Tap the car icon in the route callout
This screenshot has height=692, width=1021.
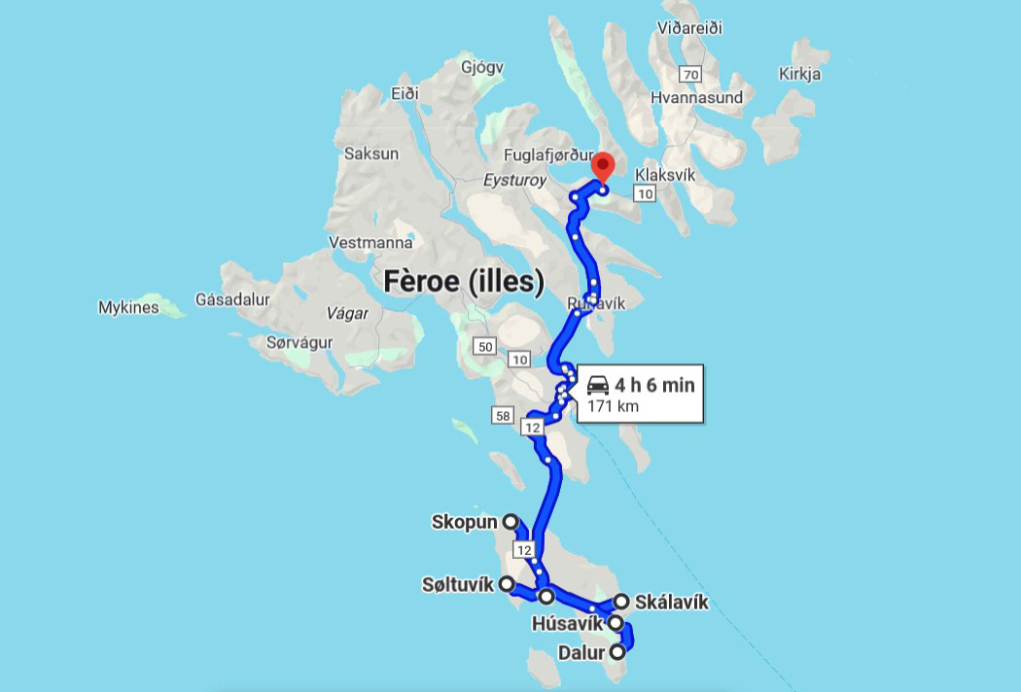[x=598, y=385]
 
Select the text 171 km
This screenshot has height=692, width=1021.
[x=613, y=405]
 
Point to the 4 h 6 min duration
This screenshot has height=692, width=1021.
[x=654, y=385]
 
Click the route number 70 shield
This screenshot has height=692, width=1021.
[x=690, y=75]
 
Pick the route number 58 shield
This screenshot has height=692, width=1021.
[x=503, y=416]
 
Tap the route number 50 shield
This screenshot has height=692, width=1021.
[x=485, y=346]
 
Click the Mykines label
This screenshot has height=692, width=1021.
[x=128, y=308]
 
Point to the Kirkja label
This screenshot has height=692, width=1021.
[x=800, y=74]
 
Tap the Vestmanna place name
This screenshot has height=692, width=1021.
[x=366, y=242]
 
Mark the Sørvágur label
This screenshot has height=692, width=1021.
[x=299, y=342]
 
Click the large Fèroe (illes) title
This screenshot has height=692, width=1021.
[x=463, y=282]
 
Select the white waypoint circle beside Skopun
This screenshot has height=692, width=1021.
[x=510, y=522]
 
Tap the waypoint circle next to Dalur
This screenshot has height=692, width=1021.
[x=617, y=653]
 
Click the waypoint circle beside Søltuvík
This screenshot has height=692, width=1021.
[x=506, y=584]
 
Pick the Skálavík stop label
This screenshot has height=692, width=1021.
[x=671, y=603]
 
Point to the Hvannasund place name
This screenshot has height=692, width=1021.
[x=696, y=97]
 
